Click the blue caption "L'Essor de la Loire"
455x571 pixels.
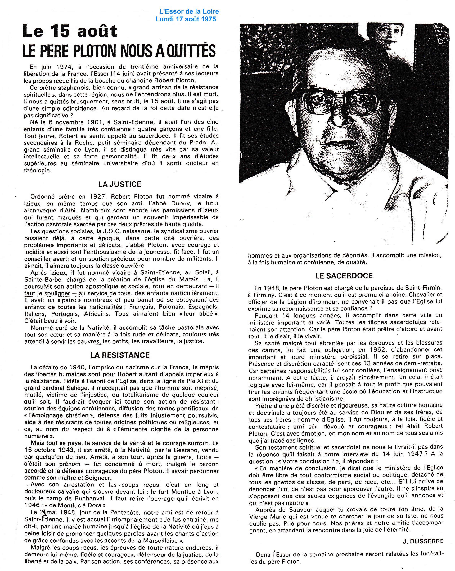189,11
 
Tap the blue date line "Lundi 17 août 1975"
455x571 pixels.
186,19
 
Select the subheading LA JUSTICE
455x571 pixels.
120,184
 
